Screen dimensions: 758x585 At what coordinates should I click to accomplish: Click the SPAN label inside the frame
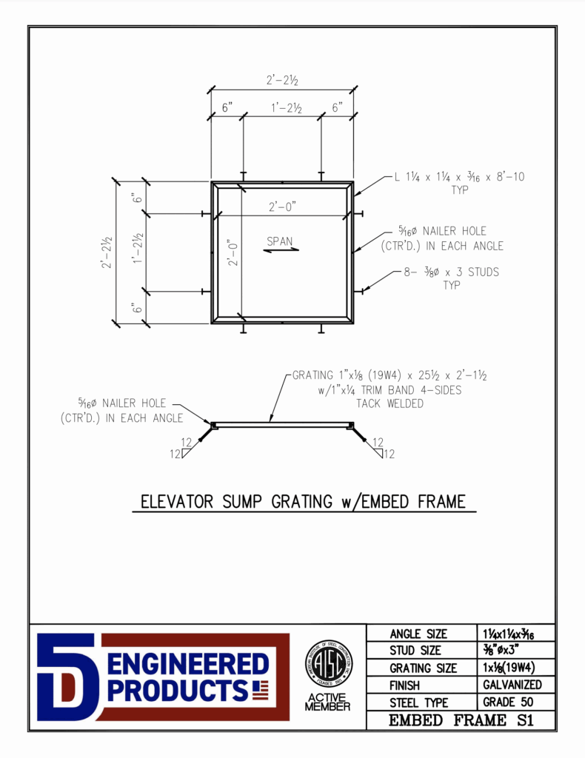tap(280, 241)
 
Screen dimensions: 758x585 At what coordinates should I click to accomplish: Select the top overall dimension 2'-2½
tap(282, 80)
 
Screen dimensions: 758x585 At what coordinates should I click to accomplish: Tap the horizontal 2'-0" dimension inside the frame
tap(282, 208)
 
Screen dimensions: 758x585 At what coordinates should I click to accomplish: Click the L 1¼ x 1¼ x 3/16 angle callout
tap(459, 178)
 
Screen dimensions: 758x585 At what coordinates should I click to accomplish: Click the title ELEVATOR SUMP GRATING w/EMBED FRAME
tap(304, 502)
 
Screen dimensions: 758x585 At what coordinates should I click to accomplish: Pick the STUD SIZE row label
tap(415, 651)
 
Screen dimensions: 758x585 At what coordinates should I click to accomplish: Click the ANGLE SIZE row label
tap(418, 634)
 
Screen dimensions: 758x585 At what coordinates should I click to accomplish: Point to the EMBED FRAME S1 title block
tap(461, 720)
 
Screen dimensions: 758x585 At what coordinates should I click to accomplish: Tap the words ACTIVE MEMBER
tap(329, 701)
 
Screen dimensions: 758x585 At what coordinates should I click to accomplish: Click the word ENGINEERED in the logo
tap(187, 663)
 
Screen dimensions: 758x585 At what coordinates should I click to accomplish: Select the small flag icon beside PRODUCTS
tap(260, 690)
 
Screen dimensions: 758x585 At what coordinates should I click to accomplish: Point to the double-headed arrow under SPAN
tap(282, 249)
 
